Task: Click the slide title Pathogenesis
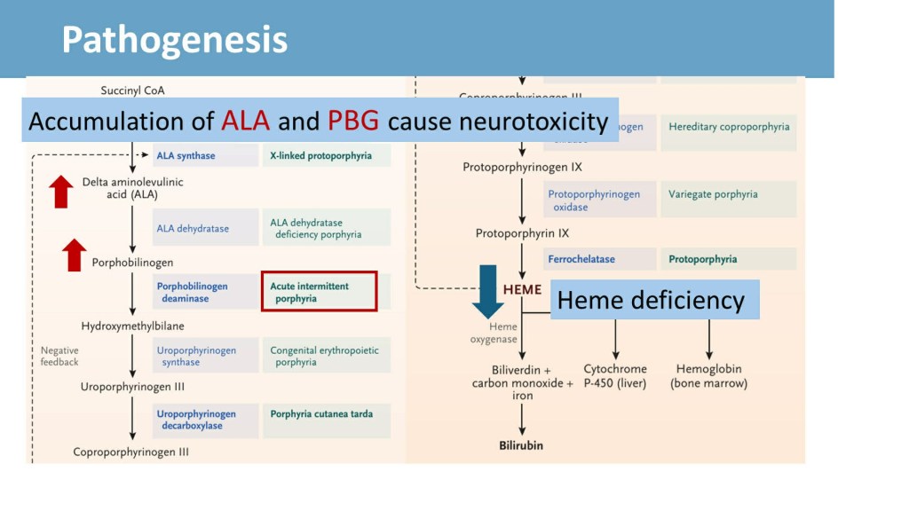coord(174,41)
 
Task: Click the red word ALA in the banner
coord(245,122)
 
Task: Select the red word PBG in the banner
coord(353,122)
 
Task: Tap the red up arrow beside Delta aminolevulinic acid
coord(61,191)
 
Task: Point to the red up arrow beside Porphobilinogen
coord(75,255)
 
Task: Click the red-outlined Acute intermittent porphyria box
coord(320,292)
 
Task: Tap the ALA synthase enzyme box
coord(204,155)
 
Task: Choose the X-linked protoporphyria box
coord(326,155)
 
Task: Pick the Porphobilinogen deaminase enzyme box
coord(204,292)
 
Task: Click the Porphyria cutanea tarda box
coord(326,419)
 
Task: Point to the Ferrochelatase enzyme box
coord(599,259)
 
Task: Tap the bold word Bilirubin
coord(521,444)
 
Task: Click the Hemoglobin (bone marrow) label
coord(708,376)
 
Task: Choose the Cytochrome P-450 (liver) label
coord(615,376)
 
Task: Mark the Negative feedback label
coord(59,356)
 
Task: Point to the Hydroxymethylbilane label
coord(132,326)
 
